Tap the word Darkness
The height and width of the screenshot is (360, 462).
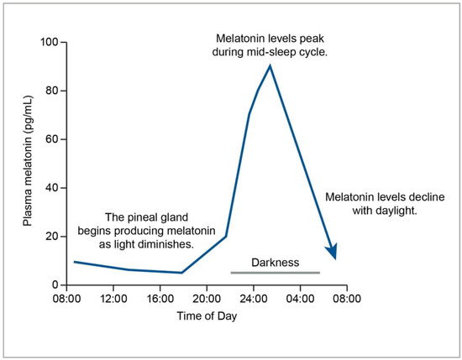pyautogui.click(x=275, y=263)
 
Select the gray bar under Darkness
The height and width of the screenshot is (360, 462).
pyautogui.click(x=275, y=273)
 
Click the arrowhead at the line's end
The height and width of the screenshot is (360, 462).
pyautogui.click(x=334, y=252)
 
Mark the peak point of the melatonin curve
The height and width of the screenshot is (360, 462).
pyautogui.click(x=270, y=65)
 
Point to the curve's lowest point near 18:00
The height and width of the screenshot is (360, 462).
pyautogui.click(x=181, y=273)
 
